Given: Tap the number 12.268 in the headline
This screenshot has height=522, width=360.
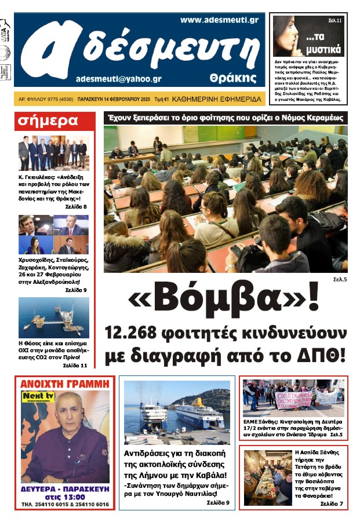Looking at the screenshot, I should tap(136, 334).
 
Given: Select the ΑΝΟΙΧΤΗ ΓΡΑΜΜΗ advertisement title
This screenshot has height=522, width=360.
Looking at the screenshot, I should tap(64, 384).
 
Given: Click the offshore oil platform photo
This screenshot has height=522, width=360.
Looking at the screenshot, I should tap(53, 317).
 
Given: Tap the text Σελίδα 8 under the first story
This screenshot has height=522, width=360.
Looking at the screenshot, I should tap(76, 207).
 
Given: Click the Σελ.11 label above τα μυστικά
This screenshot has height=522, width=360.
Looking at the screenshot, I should tap(336, 21).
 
